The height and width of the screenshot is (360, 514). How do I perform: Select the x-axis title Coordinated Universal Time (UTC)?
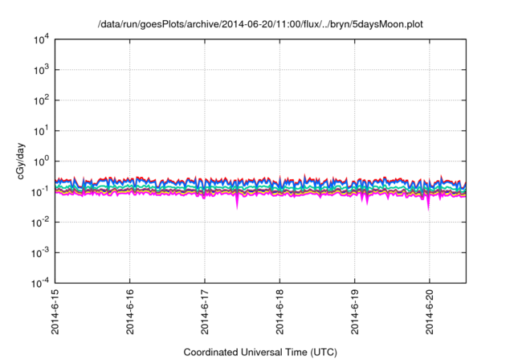(x=259, y=352)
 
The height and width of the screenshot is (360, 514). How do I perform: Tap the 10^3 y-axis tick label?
(x=39, y=71)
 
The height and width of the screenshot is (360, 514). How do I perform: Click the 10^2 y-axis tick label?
(x=39, y=101)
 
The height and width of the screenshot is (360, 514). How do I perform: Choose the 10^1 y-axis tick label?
(x=39, y=131)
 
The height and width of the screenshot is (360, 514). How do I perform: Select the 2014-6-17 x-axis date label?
(x=205, y=313)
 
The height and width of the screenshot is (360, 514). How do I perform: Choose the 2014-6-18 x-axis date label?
(x=279, y=313)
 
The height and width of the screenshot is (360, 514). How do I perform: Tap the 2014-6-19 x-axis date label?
(x=354, y=313)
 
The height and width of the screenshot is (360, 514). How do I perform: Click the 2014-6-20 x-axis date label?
(x=429, y=313)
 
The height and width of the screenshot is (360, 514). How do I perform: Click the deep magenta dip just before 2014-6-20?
(x=427, y=206)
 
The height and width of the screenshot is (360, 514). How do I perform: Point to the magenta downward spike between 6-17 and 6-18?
(x=237, y=204)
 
